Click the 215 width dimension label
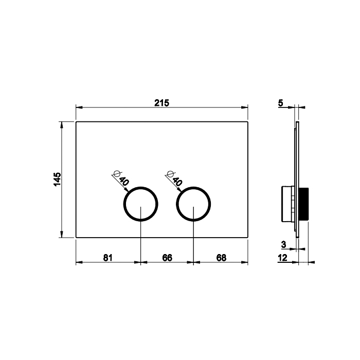click(161, 103)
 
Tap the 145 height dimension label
click(58, 179)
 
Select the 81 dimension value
click(107, 258)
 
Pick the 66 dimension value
click(167, 258)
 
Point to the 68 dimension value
click(221, 258)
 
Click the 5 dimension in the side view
click(281, 103)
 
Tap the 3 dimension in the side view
click(284, 244)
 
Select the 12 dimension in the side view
click(283, 258)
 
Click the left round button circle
click(141, 187)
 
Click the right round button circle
click(193, 187)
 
